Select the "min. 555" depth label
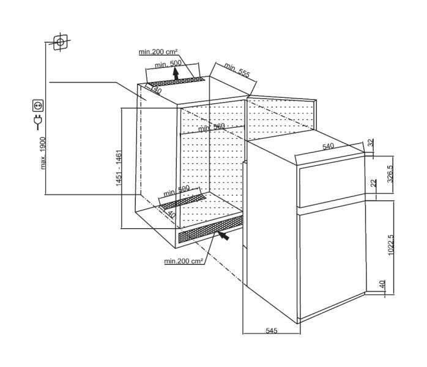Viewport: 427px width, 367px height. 237,70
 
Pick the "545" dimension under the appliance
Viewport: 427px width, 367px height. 272,330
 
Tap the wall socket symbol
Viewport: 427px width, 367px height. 37,106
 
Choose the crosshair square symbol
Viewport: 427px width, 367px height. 59,42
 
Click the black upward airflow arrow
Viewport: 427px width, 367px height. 176,75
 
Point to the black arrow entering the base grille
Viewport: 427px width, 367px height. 225,234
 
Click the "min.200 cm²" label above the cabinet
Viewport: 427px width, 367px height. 157,52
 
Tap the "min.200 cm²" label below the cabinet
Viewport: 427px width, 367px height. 183,261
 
